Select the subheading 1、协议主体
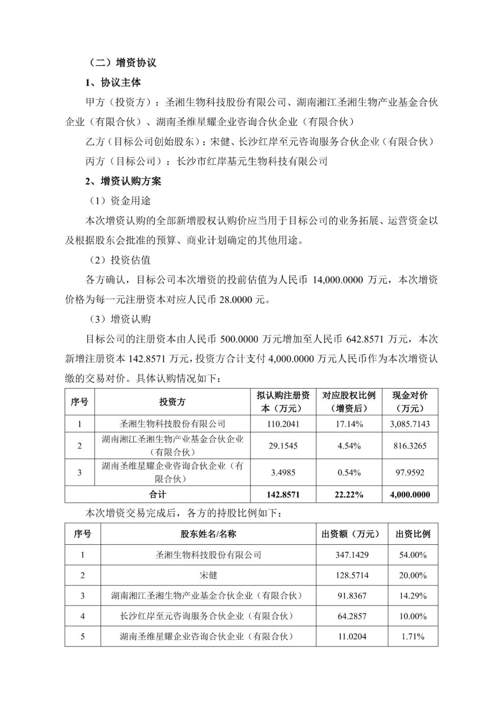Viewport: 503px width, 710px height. [113, 82]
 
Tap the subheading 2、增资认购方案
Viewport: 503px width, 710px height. [123, 181]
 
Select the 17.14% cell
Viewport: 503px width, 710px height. [349, 424]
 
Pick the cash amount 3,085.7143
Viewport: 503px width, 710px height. [410, 424]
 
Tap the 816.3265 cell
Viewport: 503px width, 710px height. [410, 446]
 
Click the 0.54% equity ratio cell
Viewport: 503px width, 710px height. [349, 472]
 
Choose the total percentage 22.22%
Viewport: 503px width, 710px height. [349, 495]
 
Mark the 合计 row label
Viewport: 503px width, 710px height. [157, 495]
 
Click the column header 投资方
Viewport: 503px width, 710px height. [172, 402]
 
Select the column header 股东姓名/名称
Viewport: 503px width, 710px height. [208, 534]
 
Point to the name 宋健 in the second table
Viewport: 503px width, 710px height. [208, 575]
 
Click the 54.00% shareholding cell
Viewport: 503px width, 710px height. [413, 555]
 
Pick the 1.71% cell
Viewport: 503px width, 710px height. [413, 636]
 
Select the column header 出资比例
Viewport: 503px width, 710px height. [413, 534]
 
